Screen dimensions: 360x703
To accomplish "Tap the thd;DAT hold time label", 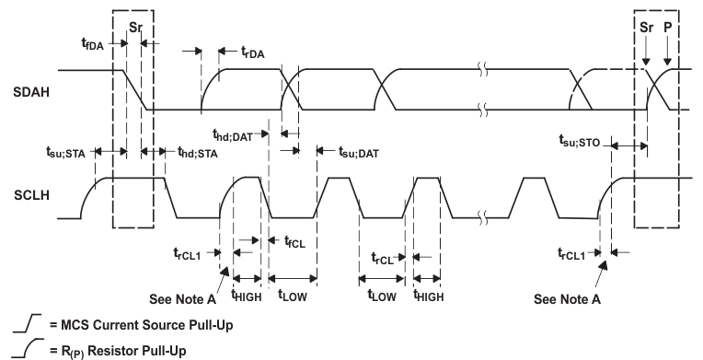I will [234, 135].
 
